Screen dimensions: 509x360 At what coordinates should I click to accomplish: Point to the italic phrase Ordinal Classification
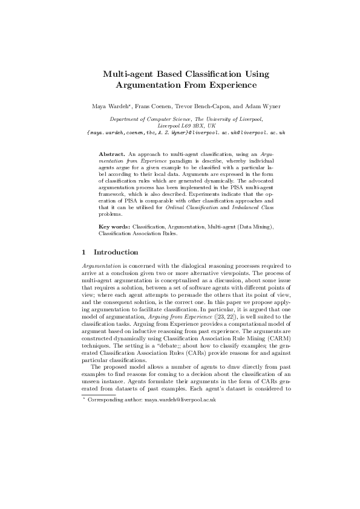(x=211, y=208)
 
